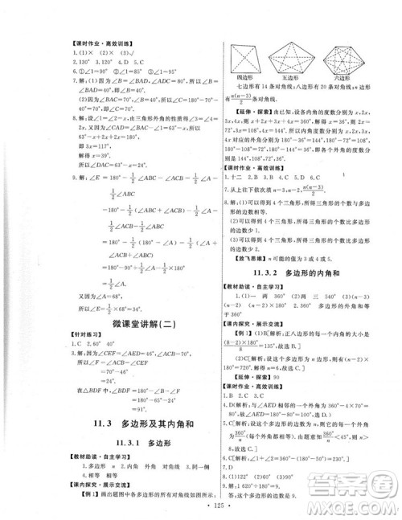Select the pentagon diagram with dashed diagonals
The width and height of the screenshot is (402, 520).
[293, 57]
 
